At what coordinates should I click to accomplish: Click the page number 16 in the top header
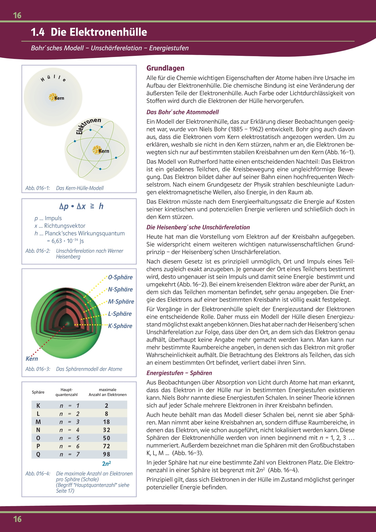[x=17, y=15]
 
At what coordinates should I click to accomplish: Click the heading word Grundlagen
[x=165, y=68]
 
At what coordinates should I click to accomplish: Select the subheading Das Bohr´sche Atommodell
[x=183, y=112]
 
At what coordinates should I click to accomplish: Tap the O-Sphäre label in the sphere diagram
[x=120, y=277]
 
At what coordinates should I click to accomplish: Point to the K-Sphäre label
[x=120, y=326]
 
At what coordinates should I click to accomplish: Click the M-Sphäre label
[x=121, y=302]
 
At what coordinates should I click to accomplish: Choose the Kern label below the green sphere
[x=32, y=359]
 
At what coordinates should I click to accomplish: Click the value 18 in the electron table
[x=106, y=422]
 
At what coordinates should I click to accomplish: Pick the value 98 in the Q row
[x=106, y=454]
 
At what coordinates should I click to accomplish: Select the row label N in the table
[x=38, y=430]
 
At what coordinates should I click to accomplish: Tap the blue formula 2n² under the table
[x=106, y=463]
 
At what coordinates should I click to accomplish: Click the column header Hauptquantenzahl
[x=66, y=392]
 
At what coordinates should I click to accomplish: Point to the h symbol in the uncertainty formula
[x=101, y=206]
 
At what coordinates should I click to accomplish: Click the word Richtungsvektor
[x=65, y=226]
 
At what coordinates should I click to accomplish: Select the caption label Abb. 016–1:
[x=38, y=188]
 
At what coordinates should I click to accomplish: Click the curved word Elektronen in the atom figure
[x=88, y=125]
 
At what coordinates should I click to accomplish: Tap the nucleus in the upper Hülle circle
[x=52, y=97]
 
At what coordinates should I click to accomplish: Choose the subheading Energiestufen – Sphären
[x=179, y=373]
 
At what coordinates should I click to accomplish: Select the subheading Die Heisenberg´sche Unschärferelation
[x=198, y=227]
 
